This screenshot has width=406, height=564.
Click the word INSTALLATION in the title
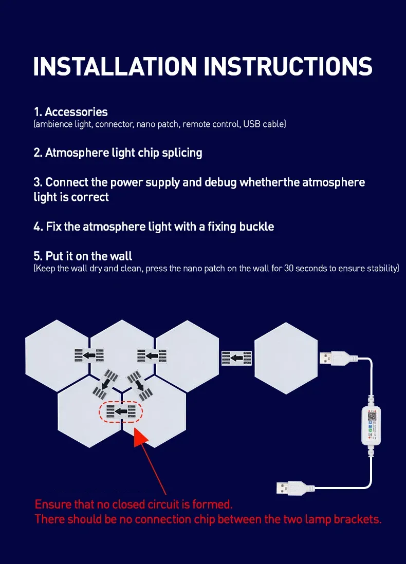[x=115, y=66]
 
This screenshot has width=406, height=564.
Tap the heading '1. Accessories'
[x=70, y=112]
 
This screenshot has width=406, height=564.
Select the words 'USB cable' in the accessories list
[x=265, y=124]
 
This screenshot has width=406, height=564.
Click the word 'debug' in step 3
[x=220, y=182]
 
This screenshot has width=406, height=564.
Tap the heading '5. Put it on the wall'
[x=83, y=256]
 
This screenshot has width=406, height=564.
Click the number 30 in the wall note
[x=289, y=268]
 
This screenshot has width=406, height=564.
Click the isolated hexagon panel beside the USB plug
[x=286, y=358]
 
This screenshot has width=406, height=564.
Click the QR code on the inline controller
[x=372, y=417]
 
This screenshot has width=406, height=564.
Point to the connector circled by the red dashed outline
[x=121, y=412]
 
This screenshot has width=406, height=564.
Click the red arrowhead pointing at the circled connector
[x=140, y=436]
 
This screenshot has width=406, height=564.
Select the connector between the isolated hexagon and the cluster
[x=236, y=358]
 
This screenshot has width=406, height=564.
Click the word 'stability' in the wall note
[x=383, y=268]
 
